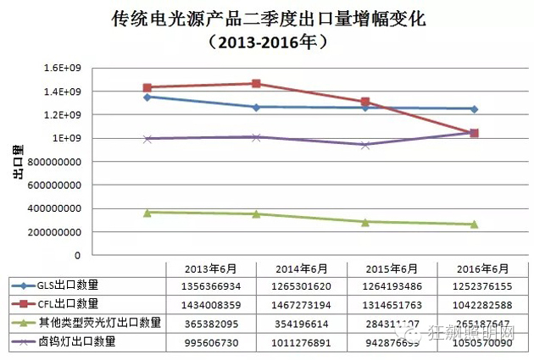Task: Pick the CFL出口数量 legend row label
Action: tap(69, 303)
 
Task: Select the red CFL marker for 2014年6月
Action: tap(256, 84)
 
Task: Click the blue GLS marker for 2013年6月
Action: tap(147, 97)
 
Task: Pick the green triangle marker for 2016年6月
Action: tap(474, 224)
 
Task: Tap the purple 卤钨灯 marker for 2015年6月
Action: tap(365, 145)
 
